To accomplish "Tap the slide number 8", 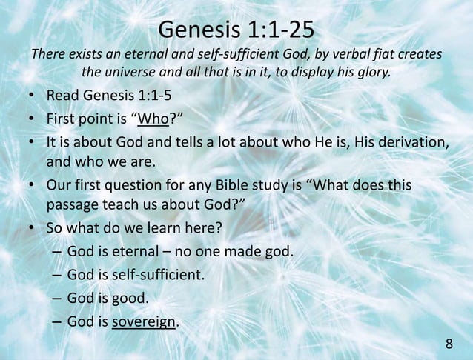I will click(449, 344).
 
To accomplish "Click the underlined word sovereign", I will click(145, 321).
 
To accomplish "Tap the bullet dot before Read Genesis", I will click(33, 96).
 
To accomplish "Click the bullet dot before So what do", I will click(33, 228).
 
